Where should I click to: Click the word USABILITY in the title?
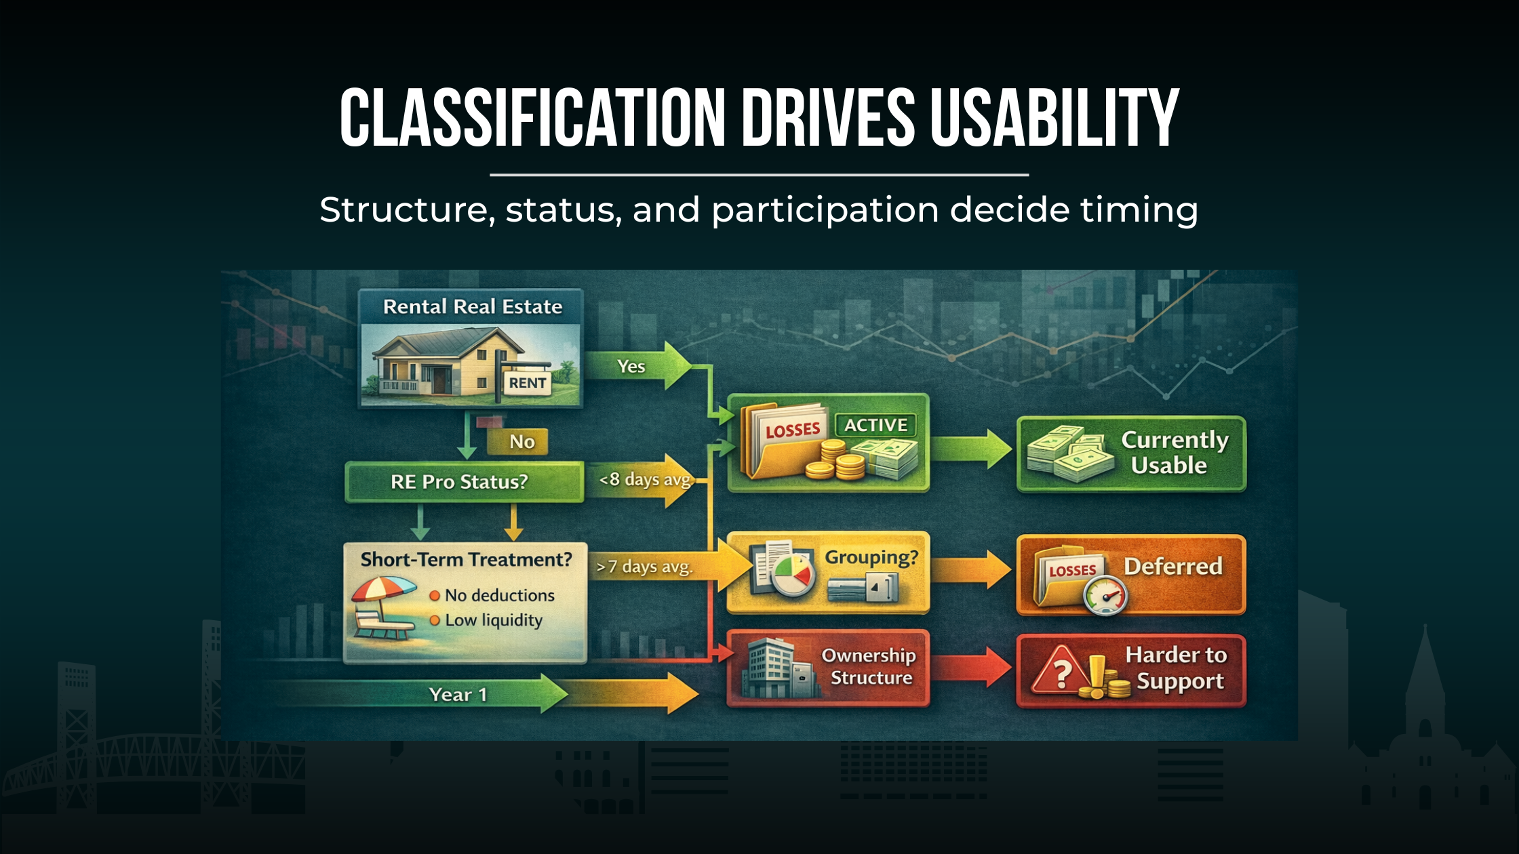click(1054, 119)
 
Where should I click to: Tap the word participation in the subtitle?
click(825, 210)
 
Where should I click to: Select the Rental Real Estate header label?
click(473, 307)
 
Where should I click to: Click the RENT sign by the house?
click(528, 383)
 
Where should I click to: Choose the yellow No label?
click(521, 442)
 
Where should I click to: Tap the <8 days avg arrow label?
click(644, 481)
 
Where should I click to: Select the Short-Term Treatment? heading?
click(466, 560)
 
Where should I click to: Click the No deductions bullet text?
click(499, 595)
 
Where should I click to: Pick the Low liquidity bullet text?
click(494, 620)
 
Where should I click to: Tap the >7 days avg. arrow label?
click(644, 567)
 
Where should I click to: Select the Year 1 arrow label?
click(458, 695)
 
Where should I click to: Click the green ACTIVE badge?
click(875, 425)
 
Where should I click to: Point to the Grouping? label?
click(871, 557)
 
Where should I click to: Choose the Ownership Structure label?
click(870, 666)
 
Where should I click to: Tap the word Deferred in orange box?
click(1172, 566)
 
